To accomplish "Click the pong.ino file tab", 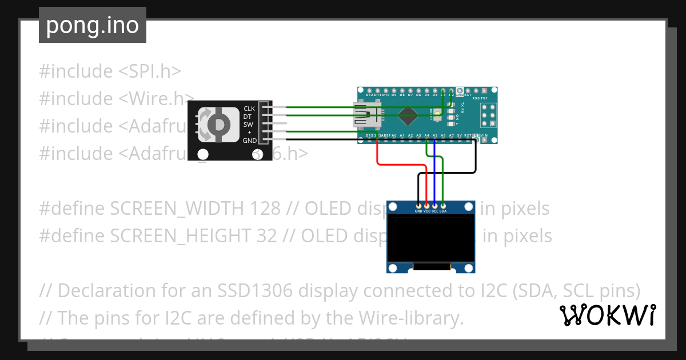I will point(92,25).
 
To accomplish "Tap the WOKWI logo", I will point(608,315).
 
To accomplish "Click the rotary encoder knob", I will point(218,124).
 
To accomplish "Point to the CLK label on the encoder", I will point(249,109).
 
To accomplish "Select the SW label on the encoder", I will point(248,125).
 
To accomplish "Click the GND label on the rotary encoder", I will point(249,141).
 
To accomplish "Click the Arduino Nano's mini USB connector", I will point(365,114).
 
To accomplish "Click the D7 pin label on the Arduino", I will point(410,95).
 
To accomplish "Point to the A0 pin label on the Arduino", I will point(394,135).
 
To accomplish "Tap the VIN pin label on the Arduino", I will point(485,135).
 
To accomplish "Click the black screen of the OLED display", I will point(431,238).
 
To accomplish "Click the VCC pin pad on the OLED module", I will point(426,205).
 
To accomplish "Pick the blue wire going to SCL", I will point(434,171).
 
